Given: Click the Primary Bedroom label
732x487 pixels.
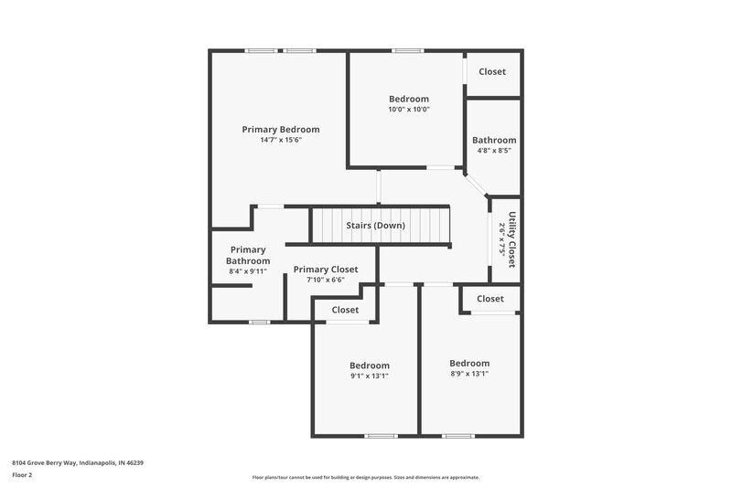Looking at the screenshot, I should point(280,130).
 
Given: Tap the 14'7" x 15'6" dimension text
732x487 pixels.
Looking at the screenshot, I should point(280,140).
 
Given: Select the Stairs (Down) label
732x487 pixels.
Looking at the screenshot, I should point(375,225).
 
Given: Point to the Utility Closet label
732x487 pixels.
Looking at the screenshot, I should point(512,239).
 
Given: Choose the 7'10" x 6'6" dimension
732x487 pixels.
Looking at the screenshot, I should point(326,280).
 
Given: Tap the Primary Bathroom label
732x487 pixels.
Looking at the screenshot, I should point(248,255).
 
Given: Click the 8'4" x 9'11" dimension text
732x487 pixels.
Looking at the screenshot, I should point(248,271).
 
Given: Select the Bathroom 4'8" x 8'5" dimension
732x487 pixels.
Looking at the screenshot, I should point(494,151).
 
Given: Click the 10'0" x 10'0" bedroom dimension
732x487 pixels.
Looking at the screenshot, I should point(408,109).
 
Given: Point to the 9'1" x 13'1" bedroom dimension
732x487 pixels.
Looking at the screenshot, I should point(369,376).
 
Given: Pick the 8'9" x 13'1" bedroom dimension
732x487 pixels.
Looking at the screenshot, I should point(469,373).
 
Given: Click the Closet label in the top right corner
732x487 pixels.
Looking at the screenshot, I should point(491,71).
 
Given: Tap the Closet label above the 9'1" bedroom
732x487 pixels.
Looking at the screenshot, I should point(345,310).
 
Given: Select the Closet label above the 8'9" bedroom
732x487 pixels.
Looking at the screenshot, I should point(490,299).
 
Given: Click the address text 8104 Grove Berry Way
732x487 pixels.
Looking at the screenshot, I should point(78,462).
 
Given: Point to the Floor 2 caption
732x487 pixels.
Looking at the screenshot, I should point(22,475).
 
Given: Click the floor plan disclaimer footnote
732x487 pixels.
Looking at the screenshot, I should point(365,477).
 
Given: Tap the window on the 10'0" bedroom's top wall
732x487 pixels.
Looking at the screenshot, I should point(406,51).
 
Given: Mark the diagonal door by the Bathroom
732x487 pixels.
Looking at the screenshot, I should point(476,185).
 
